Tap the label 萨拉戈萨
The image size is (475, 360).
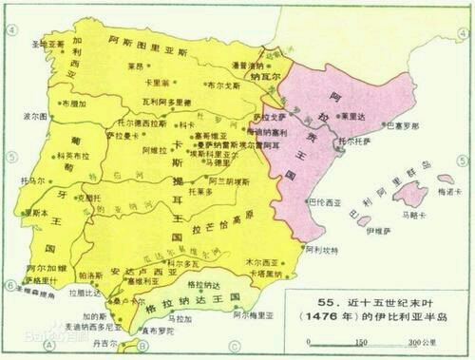pos(268,117)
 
